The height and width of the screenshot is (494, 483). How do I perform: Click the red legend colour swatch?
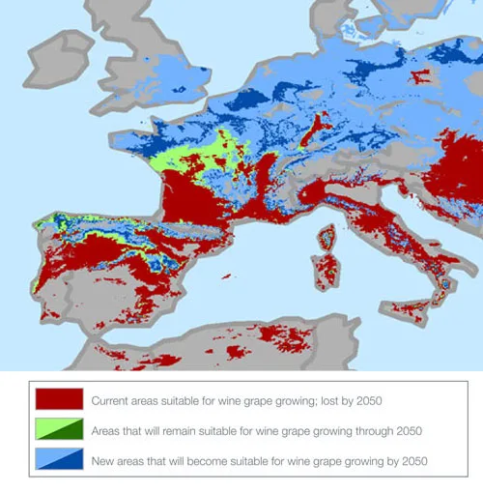tap(58, 399)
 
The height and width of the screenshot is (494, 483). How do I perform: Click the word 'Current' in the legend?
tap(112, 399)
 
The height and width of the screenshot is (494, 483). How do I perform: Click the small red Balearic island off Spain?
tap(225, 277)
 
